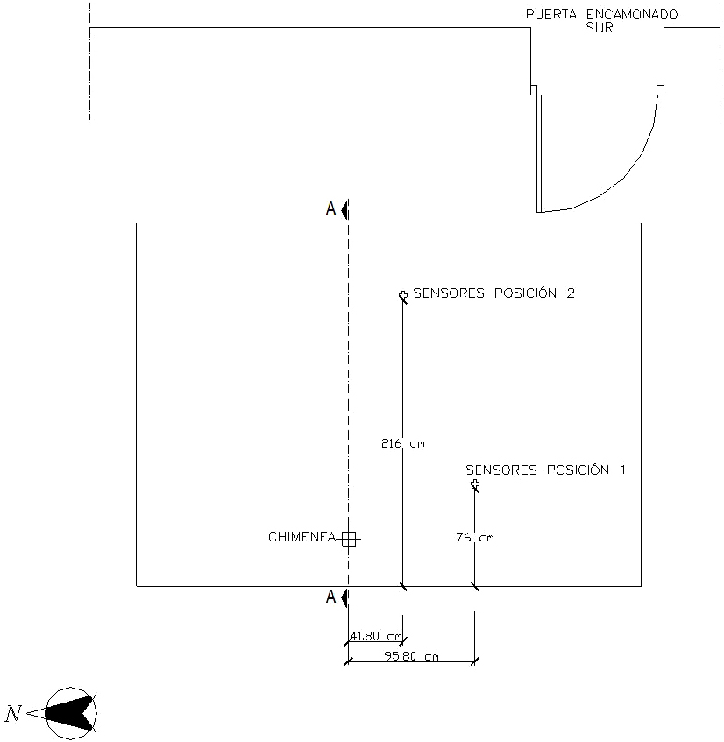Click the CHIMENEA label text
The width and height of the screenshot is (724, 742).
302,537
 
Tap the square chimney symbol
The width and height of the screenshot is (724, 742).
349,539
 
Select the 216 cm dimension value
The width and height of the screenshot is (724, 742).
403,443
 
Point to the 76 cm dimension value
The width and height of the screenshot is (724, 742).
475,537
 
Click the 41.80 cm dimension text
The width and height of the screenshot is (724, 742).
376,636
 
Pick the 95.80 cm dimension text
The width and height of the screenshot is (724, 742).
411,656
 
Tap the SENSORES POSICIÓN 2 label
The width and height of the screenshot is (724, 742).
493,293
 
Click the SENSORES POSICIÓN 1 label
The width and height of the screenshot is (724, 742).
545,470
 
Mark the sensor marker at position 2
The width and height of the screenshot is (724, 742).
403,296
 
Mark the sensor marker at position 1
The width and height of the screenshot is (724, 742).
475,484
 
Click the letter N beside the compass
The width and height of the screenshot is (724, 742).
13,713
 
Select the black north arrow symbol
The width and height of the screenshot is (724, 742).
68,713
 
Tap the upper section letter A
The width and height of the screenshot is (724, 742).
330,208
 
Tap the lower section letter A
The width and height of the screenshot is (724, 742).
330,597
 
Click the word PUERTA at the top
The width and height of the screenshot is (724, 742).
551,14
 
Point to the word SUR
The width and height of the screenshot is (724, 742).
600,27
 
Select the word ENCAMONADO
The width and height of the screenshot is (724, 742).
632,14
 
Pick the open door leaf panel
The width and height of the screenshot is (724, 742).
539,154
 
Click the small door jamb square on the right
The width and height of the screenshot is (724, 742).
660,90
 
